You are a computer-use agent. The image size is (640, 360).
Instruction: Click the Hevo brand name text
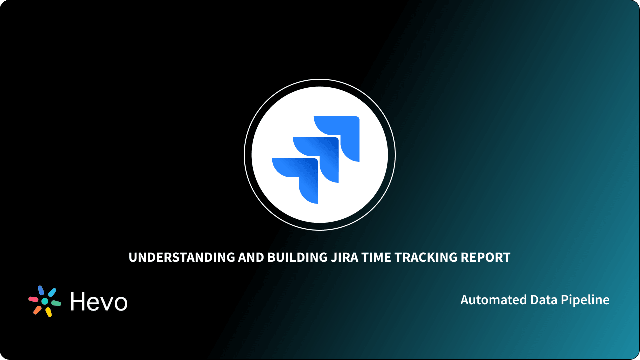(99, 302)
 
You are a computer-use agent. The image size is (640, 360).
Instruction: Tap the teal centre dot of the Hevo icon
(45, 302)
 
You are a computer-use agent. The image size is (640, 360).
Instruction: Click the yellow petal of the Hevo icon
(49, 312)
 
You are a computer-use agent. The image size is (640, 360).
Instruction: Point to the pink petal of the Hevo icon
(33, 299)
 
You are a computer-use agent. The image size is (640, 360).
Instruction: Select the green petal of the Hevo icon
(56, 303)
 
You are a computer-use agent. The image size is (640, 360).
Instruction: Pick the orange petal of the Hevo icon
(37, 310)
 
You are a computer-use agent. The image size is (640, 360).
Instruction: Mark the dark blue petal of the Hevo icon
(41, 291)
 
